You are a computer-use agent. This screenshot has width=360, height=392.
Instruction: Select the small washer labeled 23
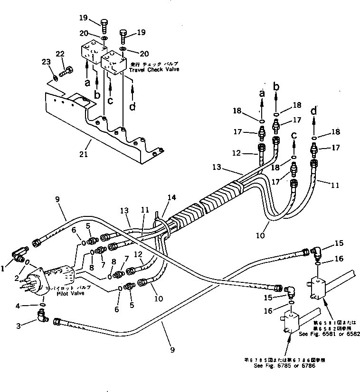pos(56,75)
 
